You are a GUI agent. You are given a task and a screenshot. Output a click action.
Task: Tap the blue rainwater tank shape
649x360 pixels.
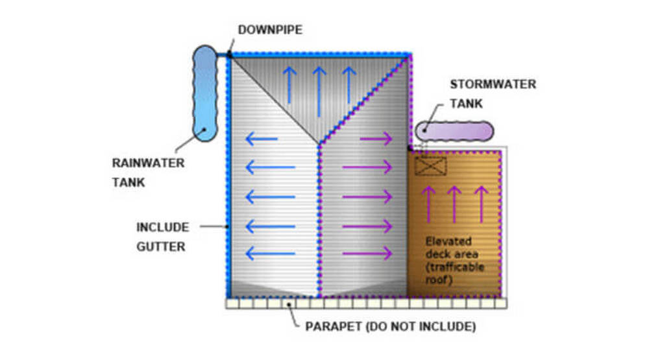206,94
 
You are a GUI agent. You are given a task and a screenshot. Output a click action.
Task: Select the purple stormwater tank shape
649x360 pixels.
454,131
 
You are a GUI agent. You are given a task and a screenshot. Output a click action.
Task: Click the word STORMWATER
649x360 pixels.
493,84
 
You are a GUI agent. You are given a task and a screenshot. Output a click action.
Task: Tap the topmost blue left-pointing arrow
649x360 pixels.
262,138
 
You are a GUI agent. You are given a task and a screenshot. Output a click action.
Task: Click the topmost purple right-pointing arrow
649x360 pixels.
376,138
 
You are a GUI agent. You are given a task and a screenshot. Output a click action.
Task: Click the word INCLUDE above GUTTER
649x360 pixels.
162,228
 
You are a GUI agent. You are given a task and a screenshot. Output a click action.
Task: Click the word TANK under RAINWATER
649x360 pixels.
129,182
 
